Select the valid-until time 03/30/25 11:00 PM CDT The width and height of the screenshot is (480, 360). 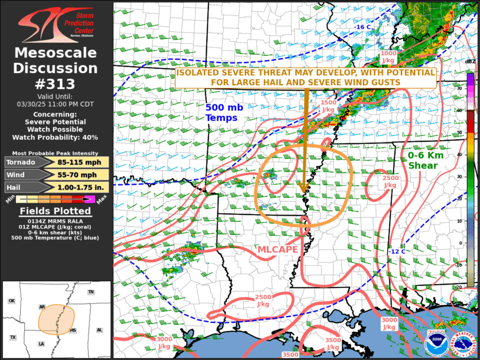56,104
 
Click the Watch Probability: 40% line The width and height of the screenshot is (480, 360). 56,137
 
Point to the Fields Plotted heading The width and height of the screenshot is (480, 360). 55,211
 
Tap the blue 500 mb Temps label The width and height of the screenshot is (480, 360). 221,113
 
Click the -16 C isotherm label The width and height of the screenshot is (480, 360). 362,27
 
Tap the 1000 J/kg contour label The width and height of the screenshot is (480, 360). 388,56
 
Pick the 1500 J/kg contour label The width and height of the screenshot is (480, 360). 329,105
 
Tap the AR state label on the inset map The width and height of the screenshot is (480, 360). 42,307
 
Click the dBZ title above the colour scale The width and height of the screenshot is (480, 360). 470,62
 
